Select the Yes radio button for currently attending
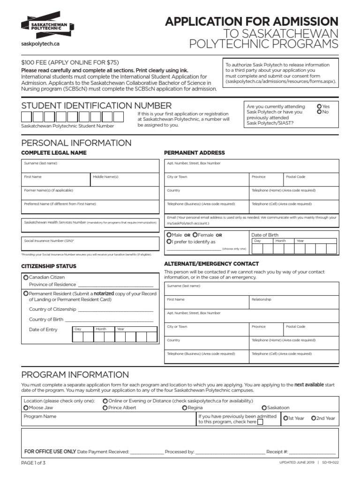point(319,106)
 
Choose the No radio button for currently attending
point(319,112)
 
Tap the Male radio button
point(169,234)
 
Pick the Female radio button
point(195,234)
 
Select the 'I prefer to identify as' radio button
point(169,241)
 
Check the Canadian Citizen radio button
point(26,277)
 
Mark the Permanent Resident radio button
point(26,293)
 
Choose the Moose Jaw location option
point(26,408)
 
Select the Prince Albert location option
point(105,408)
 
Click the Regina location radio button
point(185,408)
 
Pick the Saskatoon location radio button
point(264,408)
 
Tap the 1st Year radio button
point(285,418)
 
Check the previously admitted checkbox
point(261,422)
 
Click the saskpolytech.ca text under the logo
point(41,44)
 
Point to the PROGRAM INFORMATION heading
point(75,375)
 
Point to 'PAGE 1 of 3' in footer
point(33,463)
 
